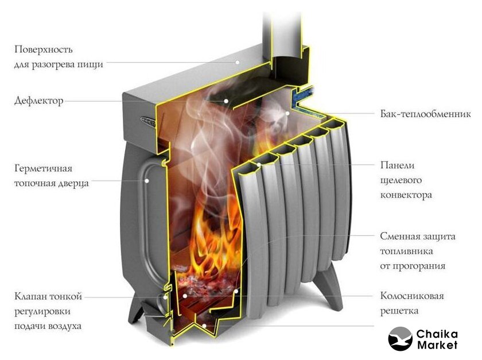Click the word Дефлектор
pos(39,100)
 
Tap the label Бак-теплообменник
pos(425,114)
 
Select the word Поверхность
pos(44,49)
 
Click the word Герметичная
pos(43,168)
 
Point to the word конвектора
pos(406,195)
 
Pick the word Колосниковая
pos(412,296)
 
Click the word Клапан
pos(30,296)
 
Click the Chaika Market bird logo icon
pos(400,338)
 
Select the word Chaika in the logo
pos(437,334)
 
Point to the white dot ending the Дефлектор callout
pos(226,100)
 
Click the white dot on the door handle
pos(147,181)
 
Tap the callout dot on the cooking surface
pos(238,62)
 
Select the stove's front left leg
pos(136,308)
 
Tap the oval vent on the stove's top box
pos(149,121)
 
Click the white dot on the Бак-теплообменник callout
pos(287,113)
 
